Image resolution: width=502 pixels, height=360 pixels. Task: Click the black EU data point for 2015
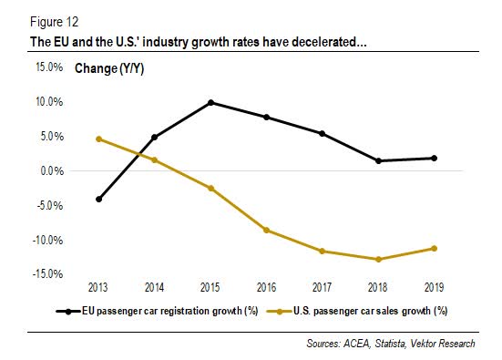pos(210,102)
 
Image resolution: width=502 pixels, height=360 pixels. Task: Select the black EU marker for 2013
pos(98,199)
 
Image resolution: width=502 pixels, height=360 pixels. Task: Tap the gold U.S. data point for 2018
pos(377,259)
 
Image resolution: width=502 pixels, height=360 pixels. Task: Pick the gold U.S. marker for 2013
pos(98,139)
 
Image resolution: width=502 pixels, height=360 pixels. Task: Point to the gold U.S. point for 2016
pos(266,230)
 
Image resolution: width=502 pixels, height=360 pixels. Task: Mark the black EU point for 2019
pos(434,158)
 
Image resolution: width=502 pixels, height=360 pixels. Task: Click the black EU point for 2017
pos(322,133)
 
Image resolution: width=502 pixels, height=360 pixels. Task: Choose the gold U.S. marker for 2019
pos(434,248)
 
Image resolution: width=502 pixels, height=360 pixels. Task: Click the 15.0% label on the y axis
pos(49,67)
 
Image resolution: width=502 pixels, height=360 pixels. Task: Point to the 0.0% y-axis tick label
pos(52,170)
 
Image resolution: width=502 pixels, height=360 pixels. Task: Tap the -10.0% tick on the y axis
pos(49,240)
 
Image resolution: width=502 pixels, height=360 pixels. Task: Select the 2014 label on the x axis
pos(154,285)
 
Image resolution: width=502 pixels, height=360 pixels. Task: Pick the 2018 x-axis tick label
pos(377,285)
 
